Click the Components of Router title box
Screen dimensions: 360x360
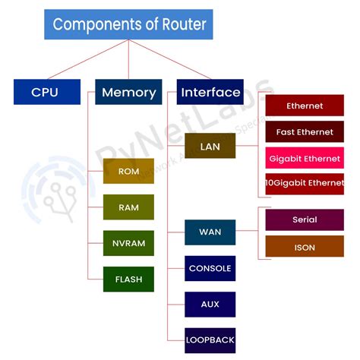[x=128, y=24]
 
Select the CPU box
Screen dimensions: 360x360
[x=46, y=92]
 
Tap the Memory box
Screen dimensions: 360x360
[x=128, y=93]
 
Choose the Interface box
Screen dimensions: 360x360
[x=210, y=92]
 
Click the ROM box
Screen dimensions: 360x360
[x=128, y=171]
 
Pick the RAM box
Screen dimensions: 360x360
[x=128, y=207]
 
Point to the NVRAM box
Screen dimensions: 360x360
[x=128, y=243]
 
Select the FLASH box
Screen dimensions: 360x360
[x=128, y=279]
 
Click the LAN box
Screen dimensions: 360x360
[x=210, y=145]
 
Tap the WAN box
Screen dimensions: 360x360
[x=210, y=232]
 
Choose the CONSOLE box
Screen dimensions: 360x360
[x=210, y=268]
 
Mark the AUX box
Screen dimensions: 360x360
[x=210, y=304]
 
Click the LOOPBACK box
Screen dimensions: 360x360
[x=210, y=339]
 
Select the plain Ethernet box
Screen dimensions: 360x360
[x=304, y=106]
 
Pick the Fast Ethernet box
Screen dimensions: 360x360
[x=304, y=132]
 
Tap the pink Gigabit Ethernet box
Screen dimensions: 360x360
[x=304, y=159]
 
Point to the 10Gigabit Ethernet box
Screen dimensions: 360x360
[x=304, y=184]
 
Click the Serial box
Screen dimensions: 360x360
[x=304, y=219]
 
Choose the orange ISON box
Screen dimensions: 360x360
[x=304, y=247]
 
